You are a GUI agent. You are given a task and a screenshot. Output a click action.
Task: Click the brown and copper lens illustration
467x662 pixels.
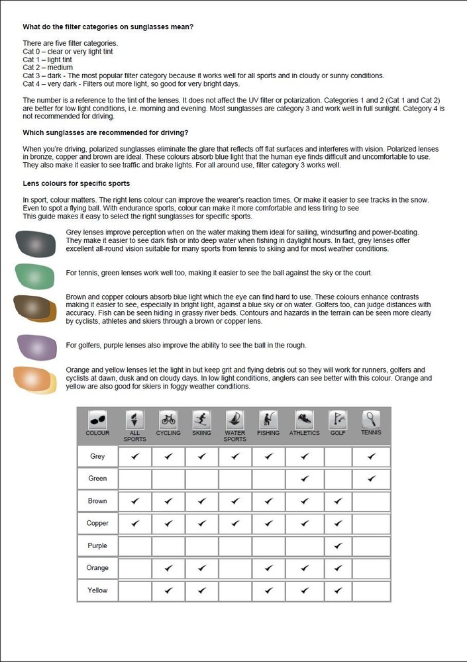click(35, 308)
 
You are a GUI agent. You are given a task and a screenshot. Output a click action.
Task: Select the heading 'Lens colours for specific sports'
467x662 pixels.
click(76, 183)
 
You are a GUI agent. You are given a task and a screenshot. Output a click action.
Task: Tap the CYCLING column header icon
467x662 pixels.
click(168, 419)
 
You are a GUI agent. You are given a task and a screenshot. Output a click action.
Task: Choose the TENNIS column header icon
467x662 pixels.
click(371, 419)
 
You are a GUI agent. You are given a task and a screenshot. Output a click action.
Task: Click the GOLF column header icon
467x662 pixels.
click(338, 419)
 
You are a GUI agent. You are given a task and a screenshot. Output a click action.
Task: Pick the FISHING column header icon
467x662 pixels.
click(269, 419)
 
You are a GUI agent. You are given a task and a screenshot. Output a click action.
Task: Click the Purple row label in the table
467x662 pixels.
click(97, 546)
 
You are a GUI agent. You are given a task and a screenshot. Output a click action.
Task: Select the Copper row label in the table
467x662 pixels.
click(97, 523)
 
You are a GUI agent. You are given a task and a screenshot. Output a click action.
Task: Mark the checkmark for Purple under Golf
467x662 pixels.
click(338, 546)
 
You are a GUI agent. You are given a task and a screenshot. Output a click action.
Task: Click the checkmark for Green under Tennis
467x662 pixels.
click(372, 478)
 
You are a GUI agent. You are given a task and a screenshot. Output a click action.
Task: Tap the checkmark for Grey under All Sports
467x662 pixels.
click(135, 456)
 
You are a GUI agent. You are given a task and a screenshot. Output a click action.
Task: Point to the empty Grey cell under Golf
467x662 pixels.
click(338, 456)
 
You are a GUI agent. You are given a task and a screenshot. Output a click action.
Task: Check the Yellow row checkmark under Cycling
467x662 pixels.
click(168, 590)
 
